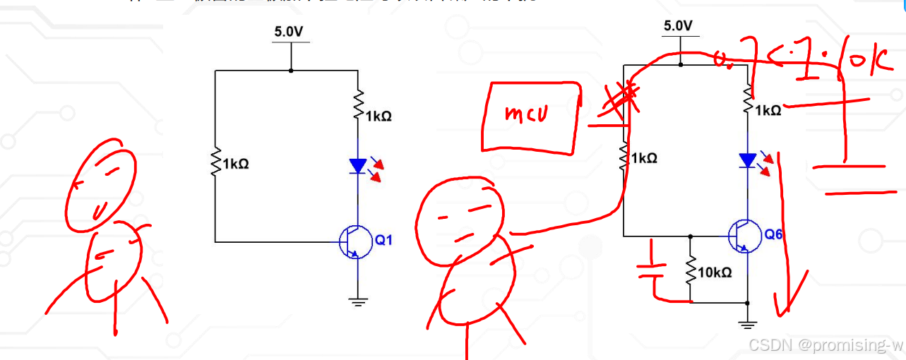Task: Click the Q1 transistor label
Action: point(383,241)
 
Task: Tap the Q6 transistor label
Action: point(773,234)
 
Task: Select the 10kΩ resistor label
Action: point(715,272)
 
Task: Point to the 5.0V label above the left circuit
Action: point(290,32)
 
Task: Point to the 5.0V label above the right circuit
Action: point(679,26)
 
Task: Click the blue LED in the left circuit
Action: point(358,166)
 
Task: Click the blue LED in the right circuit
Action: point(748,160)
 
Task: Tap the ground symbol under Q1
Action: point(358,301)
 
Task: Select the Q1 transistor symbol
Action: point(355,242)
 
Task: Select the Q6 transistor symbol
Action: point(744,235)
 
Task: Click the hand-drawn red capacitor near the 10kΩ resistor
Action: point(652,269)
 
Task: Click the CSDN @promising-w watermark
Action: point(825,345)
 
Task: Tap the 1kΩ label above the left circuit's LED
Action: point(379,116)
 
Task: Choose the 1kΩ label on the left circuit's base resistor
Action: point(236,164)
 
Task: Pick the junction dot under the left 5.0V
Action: point(290,71)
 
